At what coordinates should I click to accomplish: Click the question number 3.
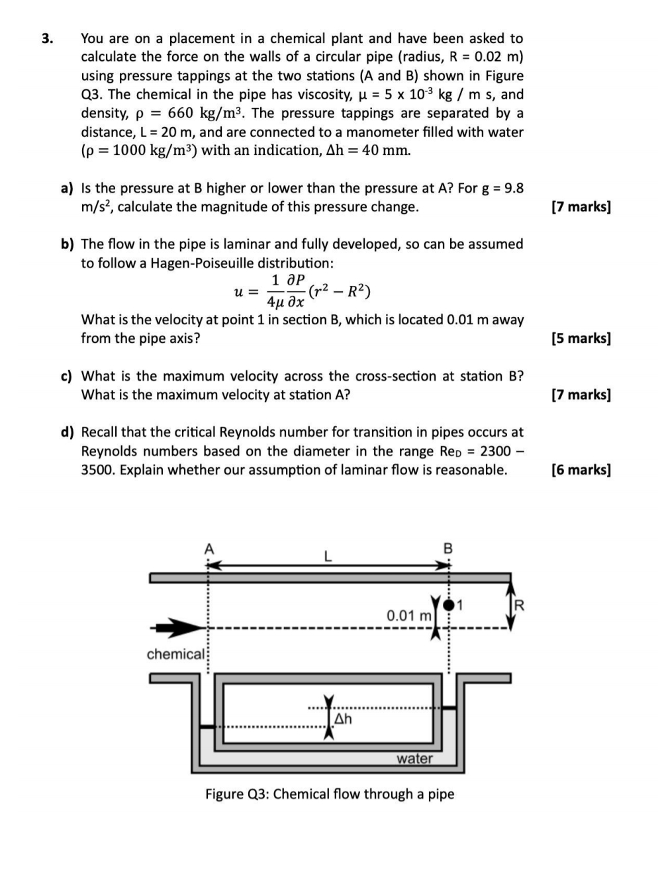click(47, 38)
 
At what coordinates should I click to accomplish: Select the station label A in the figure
click(209, 549)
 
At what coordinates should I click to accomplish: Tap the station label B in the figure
click(448, 549)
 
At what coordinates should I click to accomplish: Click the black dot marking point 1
click(449, 604)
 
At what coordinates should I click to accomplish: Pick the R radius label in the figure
click(519, 605)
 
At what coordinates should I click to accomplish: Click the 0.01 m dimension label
click(409, 616)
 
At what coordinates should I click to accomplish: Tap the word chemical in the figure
click(175, 655)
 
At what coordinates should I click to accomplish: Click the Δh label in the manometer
click(343, 718)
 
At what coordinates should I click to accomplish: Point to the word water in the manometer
click(414, 759)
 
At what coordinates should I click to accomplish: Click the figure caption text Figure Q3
click(329, 794)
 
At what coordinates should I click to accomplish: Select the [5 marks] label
click(581, 338)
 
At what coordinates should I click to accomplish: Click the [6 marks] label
click(581, 470)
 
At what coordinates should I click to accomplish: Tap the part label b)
click(67, 244)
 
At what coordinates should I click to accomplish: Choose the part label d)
click(67, 432)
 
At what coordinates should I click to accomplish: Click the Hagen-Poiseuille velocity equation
click(303, 291)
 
